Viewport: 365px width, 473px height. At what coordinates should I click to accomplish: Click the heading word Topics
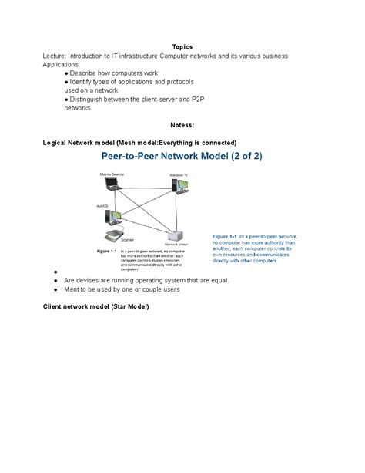tap(182, 46)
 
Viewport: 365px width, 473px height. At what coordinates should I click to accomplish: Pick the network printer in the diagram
tap(175, 235)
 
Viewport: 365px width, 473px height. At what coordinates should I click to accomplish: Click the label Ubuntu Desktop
tap(111, 174)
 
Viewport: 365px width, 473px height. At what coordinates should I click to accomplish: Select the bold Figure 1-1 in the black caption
tap(105, 251)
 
